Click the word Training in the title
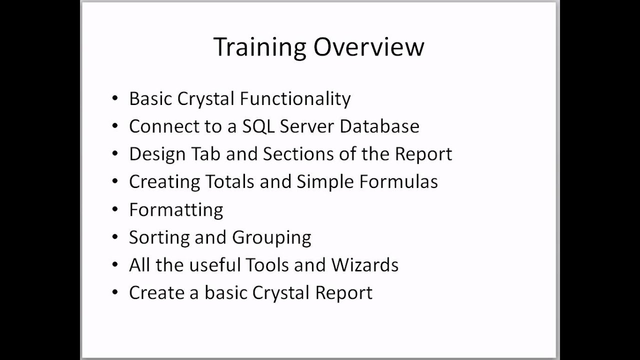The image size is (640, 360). tap(259, 47)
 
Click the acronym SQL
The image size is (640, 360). tap(258, 126)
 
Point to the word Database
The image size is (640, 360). tap(379, 126)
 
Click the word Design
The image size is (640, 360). tap(157, 154)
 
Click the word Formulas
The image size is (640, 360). tap(398, 181)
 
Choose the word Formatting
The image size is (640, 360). tap(176, 209)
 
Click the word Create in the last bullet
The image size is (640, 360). tap(156, 292)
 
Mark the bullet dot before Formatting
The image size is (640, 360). tap(115, 209)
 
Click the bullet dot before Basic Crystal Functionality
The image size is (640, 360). tap(115, 98)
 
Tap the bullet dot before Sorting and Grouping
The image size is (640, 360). tap(115, 237)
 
